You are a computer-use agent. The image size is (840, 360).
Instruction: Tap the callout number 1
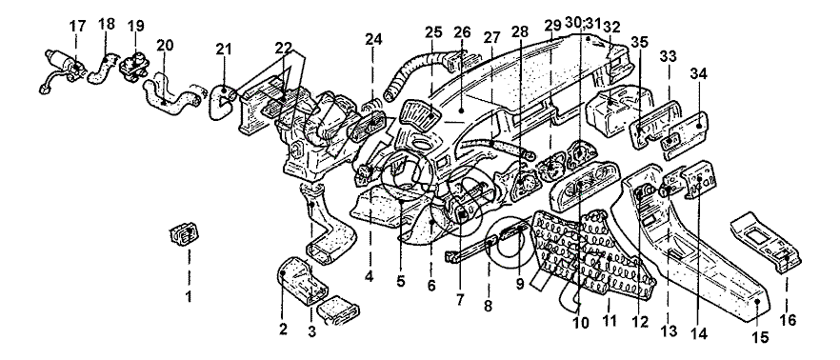[x=188, y=296]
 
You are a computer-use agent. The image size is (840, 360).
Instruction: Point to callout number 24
[x=373, y=40]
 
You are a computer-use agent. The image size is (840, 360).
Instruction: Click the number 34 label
[x=699, y=74]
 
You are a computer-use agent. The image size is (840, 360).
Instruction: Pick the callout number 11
[x=610, y=321]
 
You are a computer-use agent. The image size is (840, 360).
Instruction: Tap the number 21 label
[x=224, y=50]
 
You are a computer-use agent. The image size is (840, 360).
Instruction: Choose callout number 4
[x=370, y=278]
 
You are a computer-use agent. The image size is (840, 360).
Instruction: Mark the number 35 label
[x=638, y=41]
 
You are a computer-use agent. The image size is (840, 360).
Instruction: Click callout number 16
[x=788, y=320]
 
